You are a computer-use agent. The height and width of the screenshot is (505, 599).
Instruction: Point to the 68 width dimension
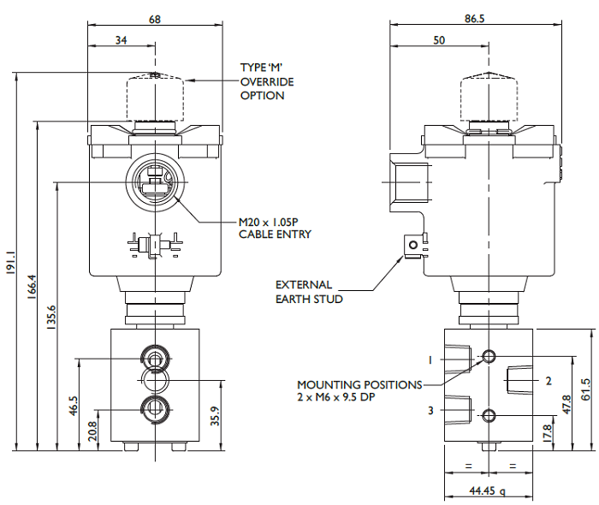tap(155, 20)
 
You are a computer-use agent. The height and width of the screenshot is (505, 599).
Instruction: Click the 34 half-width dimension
tap(122, 39)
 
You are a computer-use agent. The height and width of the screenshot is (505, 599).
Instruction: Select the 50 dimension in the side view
tap(440, 39)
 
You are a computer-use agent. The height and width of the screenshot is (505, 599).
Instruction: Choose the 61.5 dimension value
tap(585, 389)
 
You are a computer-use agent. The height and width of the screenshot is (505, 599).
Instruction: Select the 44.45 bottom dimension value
tap(486, 491)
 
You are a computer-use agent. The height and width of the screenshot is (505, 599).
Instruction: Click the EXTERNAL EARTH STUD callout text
tap(309, 292)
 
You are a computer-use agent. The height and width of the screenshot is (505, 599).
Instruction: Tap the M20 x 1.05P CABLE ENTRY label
tap(275, 228)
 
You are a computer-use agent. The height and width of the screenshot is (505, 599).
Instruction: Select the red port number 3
tap(431, 411)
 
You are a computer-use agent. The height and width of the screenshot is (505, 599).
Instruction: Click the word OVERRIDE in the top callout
tap(267, 81)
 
